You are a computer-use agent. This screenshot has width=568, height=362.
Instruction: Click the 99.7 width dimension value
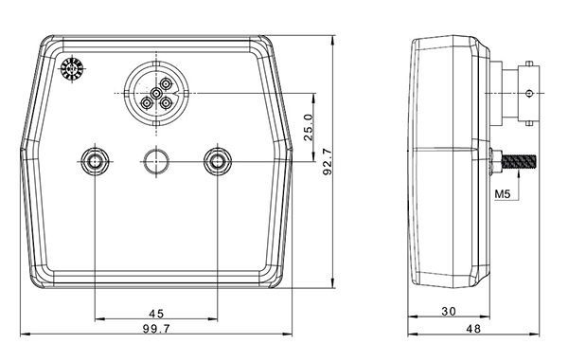pyautogui.click(x=156, y=329)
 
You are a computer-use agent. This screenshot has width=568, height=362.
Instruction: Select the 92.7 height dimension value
pyautogui.click(x=328, y=161)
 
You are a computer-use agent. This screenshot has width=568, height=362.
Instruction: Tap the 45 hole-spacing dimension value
pyautogui.click(x=156, y=313)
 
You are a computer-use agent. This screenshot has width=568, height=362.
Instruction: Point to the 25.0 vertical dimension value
pyautogui.click(x=309, y=127)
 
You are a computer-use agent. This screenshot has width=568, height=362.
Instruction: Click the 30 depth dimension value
pyautogui.click(x=449, y=311)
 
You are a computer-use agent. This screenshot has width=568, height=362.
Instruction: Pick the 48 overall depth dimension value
pyautogui.click(x=473, y=329)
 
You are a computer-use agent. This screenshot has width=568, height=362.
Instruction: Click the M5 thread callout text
pyautogui.click(x=503, y=194)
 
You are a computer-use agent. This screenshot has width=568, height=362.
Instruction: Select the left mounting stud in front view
pyautogui.click(x=95, y=161)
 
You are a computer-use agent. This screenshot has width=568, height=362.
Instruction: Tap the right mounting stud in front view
pyautogui.click(x=218, y=161)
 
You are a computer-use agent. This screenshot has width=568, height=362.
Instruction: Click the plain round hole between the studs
pyautogui.click(x=156, y=161)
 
